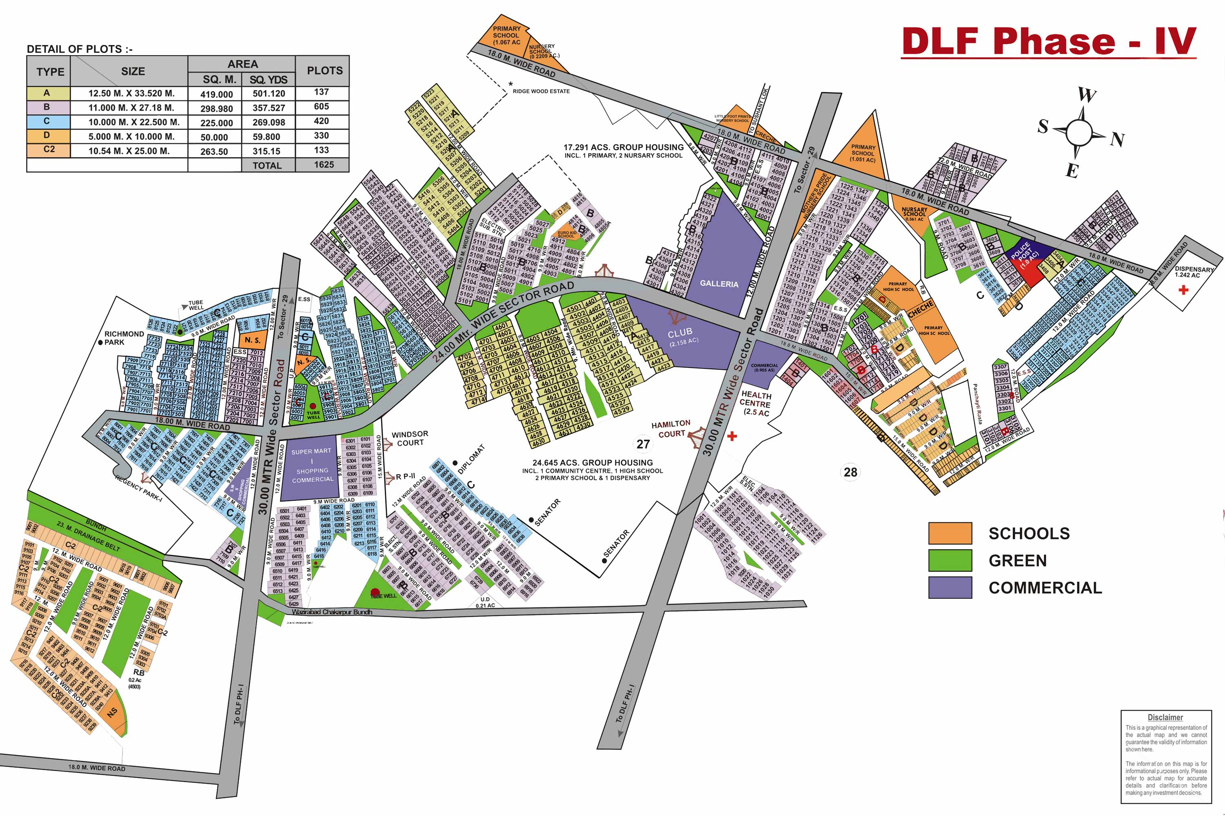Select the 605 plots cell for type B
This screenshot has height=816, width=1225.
point(321,107)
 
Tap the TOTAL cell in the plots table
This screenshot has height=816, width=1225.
point(267,165)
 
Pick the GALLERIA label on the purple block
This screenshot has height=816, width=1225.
point(719,283)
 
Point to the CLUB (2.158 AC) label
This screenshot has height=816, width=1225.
point(682,336)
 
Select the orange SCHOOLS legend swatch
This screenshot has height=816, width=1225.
point(950,533)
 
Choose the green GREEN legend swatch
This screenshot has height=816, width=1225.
point(950,560)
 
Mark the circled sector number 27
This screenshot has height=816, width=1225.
point(644,444)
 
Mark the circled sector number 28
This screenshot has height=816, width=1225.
point(850,472)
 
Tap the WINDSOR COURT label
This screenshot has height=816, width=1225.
point(410,438)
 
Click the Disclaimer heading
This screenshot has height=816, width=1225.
point(1165,717)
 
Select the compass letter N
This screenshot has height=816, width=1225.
point(1117,139)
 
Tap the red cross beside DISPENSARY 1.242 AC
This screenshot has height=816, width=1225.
point(1183,290)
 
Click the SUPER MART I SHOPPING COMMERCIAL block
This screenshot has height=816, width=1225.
point(312,465)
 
